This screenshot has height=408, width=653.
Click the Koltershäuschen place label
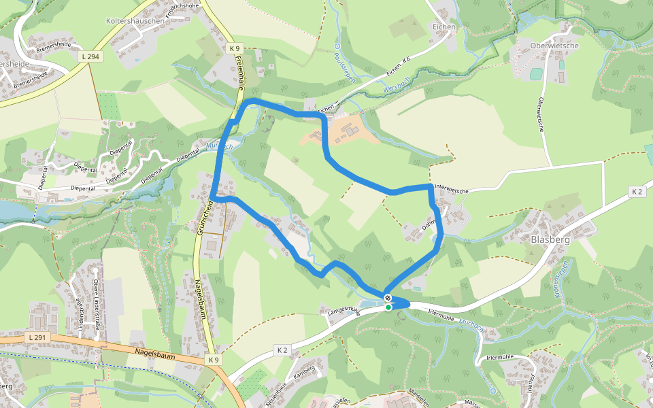point(135,21)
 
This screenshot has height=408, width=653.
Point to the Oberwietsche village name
point(554,46)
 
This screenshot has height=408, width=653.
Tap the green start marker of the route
point(388,307)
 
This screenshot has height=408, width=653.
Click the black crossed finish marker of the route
point(387,298)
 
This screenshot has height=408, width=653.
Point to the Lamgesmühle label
point(343,309)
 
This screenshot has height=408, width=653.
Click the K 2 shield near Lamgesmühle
point(282,350)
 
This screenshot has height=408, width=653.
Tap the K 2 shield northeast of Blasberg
point(637,192)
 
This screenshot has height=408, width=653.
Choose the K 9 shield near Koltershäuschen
point(234,48)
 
